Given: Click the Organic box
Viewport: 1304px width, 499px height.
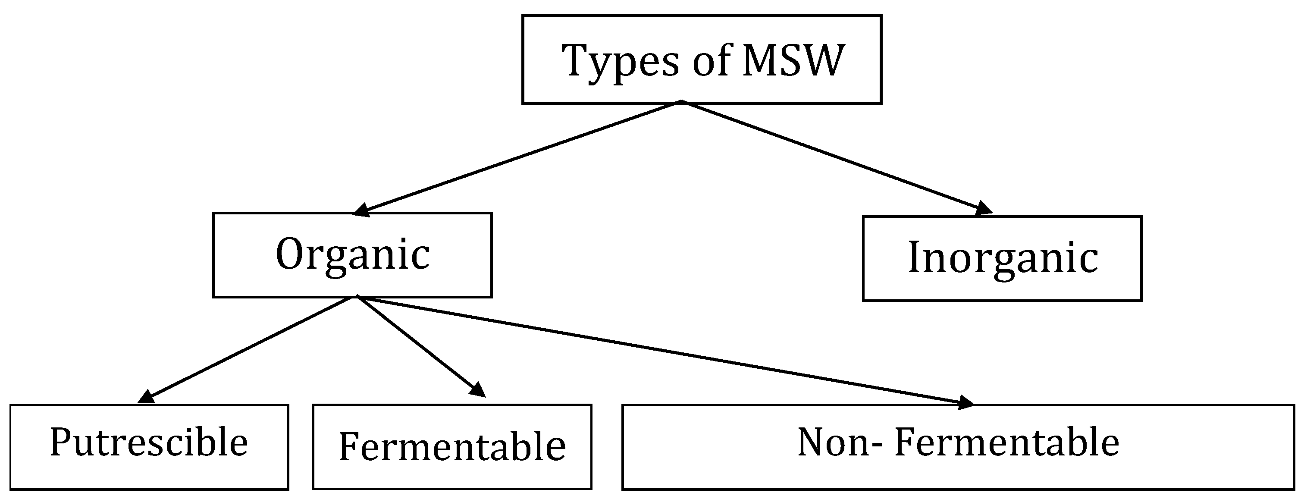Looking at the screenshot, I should click(352, 255).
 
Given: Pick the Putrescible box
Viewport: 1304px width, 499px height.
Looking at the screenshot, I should click(149, 447).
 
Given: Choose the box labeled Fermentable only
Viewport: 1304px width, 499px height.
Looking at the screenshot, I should click(452, 447).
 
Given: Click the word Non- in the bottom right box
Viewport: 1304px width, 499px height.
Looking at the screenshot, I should click(840, 443).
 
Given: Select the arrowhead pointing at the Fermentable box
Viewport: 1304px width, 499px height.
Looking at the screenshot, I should click(478, 390).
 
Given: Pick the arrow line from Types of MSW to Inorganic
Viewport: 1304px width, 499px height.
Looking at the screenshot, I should click(830, 155).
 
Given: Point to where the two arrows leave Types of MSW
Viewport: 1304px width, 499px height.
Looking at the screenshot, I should click(681, 103).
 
